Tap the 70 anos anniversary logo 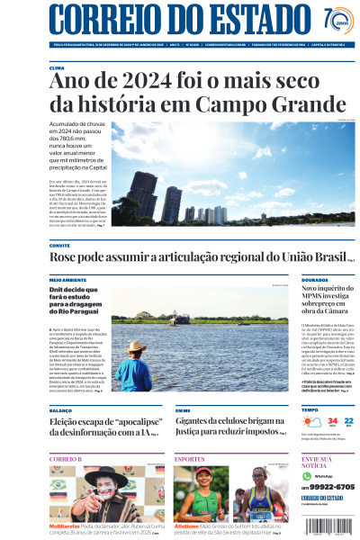[x=337, y=20]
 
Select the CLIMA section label [x=57, y=67]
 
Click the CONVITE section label [x=59, y=245]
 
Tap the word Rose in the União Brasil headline [x=65, y=258]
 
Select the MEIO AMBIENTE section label [x=68, y=280]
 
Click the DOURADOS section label [x=315, y=280]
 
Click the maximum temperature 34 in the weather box [x=332, y=420]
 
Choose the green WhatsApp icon [x=307, y=475]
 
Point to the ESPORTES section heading [x=190, y=459]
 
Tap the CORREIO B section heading [x=66, y=459]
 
